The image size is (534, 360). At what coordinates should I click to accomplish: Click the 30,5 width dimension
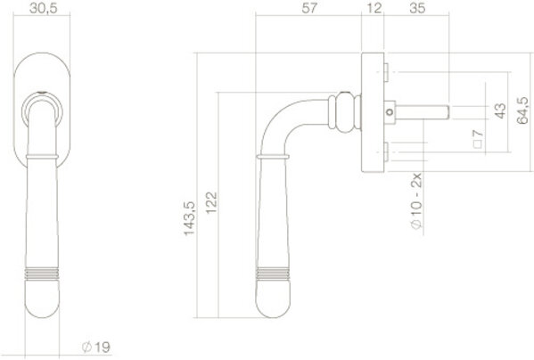coord(44,8)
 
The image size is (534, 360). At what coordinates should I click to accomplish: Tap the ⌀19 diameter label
coord(96,347)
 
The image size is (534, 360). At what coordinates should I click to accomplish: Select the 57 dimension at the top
coord(309,8)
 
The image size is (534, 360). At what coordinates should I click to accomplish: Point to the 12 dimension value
coord(374,8)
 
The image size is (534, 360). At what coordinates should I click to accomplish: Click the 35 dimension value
coord(417,8)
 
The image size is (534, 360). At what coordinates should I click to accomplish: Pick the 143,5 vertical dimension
coord(189,218)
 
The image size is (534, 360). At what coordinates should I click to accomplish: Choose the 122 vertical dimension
coord(211,203)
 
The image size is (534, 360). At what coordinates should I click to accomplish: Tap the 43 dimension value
coord(500,110)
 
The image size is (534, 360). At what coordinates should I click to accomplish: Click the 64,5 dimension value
coord(522,110)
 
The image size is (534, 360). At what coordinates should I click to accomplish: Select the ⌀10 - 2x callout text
coord(416,201)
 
